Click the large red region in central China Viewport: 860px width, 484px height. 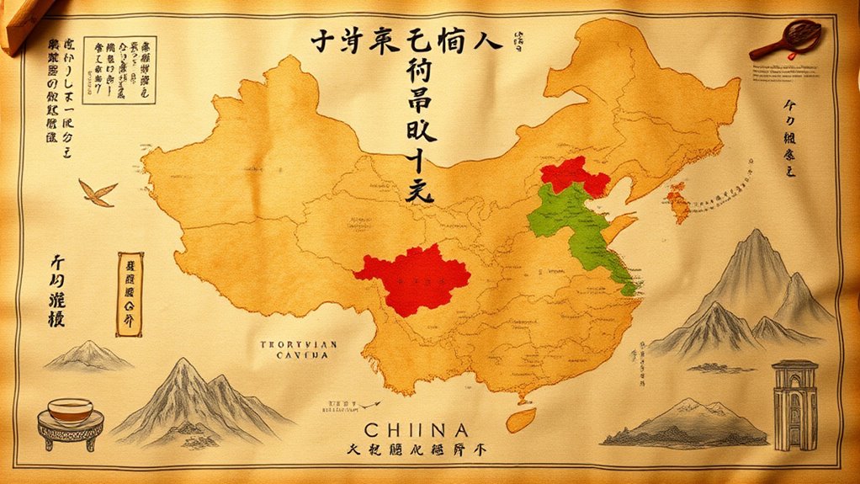[412, 278]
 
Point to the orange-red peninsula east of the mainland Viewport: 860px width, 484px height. [677, 203]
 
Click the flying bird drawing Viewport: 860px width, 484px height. [98, 193]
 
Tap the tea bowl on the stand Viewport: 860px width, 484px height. [70, 411]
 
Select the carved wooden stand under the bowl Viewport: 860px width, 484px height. [71, 433]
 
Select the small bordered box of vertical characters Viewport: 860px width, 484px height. [130, 294]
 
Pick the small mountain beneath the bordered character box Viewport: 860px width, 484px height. [88, 355]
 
